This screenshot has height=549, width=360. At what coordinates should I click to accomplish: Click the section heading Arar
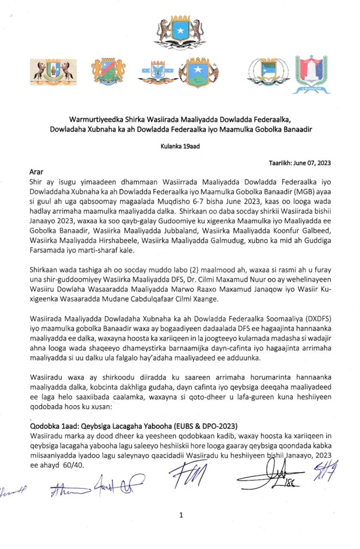[x=36, y=171]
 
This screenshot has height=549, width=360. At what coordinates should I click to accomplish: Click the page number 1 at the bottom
[x=181, y=514]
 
